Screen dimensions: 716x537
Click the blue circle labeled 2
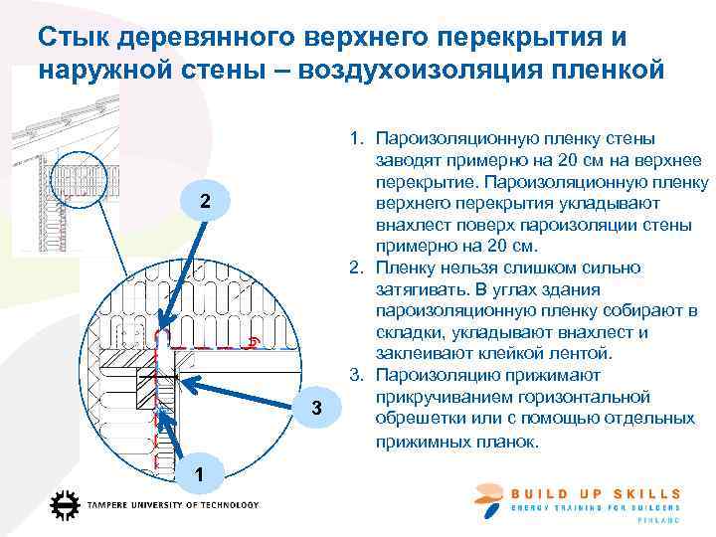pos(204,202)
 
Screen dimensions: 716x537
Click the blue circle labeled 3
pos(315,409)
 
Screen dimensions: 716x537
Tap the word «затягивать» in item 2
pos(425,289)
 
